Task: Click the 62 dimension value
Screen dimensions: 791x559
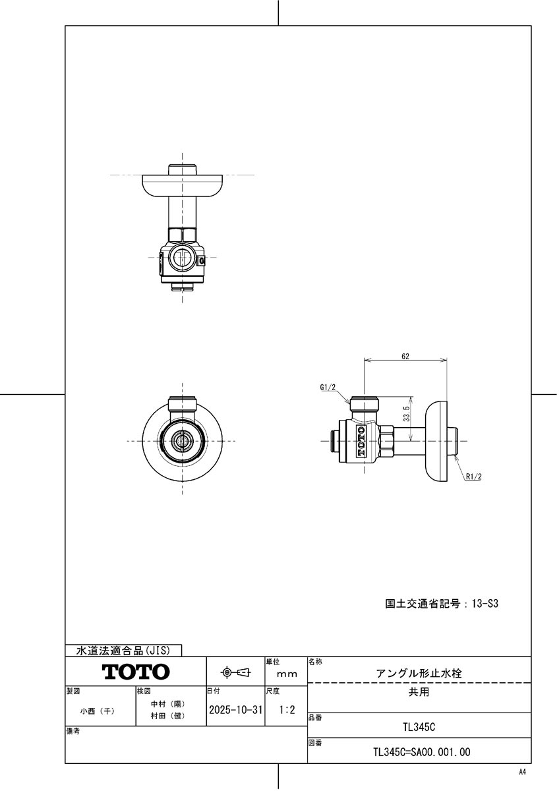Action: tap(405, 356)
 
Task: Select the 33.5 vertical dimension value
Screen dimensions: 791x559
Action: tap(407, 414)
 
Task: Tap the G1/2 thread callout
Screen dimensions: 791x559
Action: tap(328, 388)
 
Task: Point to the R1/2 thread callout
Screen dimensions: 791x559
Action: tap(473, 477)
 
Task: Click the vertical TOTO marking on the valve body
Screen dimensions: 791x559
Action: tap(361, 441)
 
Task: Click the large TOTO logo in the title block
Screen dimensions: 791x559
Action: tap(136, 672)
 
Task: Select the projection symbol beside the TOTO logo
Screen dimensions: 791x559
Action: tap(235, 672)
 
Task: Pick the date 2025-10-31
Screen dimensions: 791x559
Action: tap(235, 711)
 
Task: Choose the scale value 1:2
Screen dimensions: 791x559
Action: tap(287, 711)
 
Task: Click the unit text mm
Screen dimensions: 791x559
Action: tap(287, 674)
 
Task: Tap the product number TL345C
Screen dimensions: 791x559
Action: tap(419, 728)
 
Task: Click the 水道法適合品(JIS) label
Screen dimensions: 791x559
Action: tap(123, 651)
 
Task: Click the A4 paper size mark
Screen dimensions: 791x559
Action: tap(523, 771)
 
